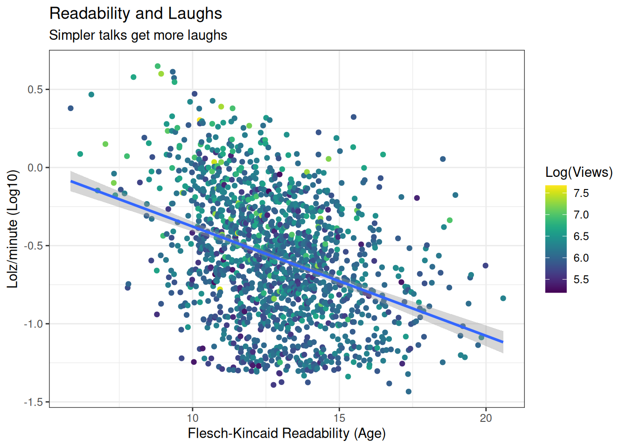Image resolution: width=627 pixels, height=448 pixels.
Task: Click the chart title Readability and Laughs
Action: (x=136, y=14)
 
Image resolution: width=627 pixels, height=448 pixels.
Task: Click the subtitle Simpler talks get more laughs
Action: (x=138, y=35)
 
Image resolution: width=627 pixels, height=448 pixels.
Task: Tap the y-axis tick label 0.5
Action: (x=35, y=90)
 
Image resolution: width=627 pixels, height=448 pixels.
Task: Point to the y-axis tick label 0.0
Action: (x=35, y=168)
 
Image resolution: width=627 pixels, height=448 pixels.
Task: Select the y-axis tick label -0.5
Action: (x=34, y=246)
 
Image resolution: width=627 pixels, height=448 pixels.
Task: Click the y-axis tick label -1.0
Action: (x=34, y=324)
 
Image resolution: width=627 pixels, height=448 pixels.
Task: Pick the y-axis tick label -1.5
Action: (x=34, y=402)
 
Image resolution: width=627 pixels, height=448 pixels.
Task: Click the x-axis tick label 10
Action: (x=193, y=418)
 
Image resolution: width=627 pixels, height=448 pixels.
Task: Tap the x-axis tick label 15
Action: (x=339, y=418)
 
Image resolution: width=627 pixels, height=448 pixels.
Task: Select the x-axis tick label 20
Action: (x=486, y=418)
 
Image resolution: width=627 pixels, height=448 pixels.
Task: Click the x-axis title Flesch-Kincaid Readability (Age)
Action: (x=286, y=434)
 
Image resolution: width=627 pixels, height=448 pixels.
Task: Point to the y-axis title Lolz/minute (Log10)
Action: (x=13, y=229)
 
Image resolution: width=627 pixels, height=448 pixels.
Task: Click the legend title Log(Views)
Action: (x=579, y=172)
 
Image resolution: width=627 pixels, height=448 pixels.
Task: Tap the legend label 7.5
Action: (x=581, y=193)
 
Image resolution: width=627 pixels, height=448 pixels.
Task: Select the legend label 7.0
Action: (x=581, y=215)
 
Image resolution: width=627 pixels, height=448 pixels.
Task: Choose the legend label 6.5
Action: (x=581, y=236)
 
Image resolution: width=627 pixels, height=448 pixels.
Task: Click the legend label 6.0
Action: (x=581, y=258)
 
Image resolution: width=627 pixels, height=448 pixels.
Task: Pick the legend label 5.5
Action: (x=581, y=280)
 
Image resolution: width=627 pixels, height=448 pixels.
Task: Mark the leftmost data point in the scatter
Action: (x=70, y=108)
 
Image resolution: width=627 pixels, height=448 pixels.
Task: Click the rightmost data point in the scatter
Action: (x=503, y=298)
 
